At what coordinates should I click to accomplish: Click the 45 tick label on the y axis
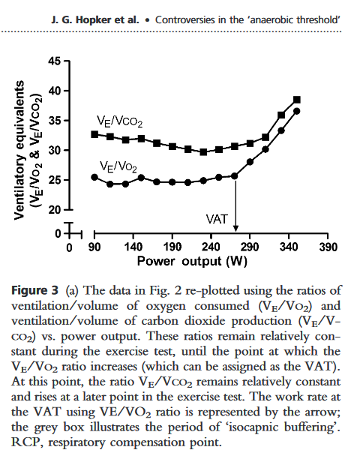click(54, 61)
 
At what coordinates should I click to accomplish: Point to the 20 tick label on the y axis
click(54, 210)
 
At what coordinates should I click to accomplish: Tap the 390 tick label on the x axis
click(328, 247)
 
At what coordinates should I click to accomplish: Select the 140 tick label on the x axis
click(133, 247)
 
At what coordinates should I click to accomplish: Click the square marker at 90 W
click(94, 134)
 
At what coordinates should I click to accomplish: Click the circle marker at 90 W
click(94, 177)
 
